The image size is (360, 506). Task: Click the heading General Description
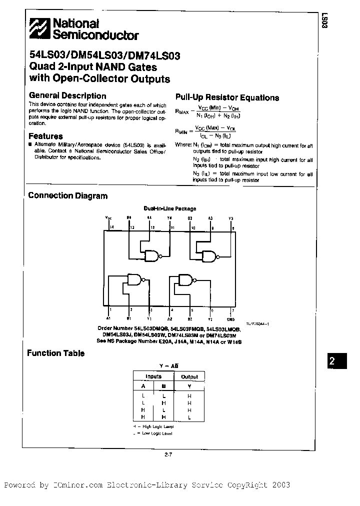67,95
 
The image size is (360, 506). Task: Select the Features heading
45,136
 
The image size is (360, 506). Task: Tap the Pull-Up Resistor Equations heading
227,97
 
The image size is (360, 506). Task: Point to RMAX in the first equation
181,112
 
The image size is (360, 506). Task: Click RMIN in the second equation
181,131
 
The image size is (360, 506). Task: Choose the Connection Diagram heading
67,195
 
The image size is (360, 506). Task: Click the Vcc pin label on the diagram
108,218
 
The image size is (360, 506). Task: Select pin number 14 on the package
111,228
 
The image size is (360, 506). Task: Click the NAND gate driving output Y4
151,256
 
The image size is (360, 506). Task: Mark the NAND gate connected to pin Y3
209,256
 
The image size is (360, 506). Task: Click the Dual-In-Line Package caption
170,208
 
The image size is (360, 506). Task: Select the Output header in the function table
189,376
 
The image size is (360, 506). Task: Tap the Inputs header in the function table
153,376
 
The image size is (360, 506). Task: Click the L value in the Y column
189,416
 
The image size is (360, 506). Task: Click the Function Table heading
55,353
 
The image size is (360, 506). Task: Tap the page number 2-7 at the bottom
168,454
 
